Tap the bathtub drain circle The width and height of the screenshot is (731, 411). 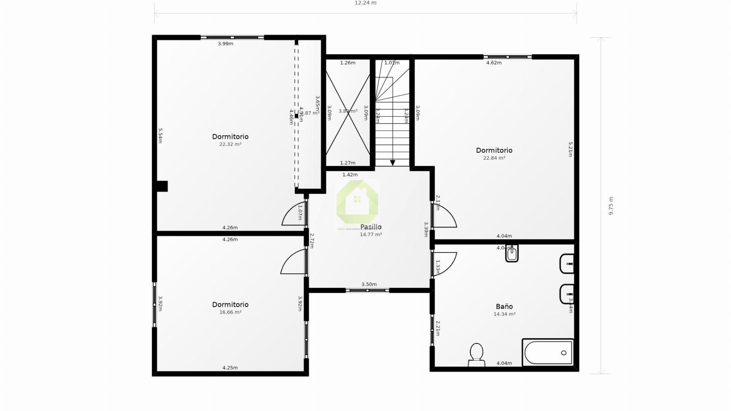pos(563,353)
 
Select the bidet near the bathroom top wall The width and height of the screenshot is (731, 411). pos(512,254)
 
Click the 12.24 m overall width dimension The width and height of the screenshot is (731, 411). pos(365,3)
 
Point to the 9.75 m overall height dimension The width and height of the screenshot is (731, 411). pos(611,205)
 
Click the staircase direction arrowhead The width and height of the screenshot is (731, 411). pos(392,163)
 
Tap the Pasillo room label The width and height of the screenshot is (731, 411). pos(371,227)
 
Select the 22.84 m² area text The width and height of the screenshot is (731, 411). pos(494,158)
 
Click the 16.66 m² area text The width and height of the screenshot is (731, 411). pos(230,312)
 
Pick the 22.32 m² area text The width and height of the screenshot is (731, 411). pos(230,144)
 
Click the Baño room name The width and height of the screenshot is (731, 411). pos(504,306)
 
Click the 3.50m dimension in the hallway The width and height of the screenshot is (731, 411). pos(369,284)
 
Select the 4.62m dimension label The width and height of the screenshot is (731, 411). pos(494,63)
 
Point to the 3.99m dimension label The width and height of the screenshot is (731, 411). pos(225,43)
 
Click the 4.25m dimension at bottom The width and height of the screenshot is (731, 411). pos(230,368)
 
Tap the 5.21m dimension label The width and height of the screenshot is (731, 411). pos(570,149)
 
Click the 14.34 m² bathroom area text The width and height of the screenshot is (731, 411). pos(504,314)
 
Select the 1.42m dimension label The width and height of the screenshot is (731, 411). pos(350,175)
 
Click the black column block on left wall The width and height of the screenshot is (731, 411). pos(162,186)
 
